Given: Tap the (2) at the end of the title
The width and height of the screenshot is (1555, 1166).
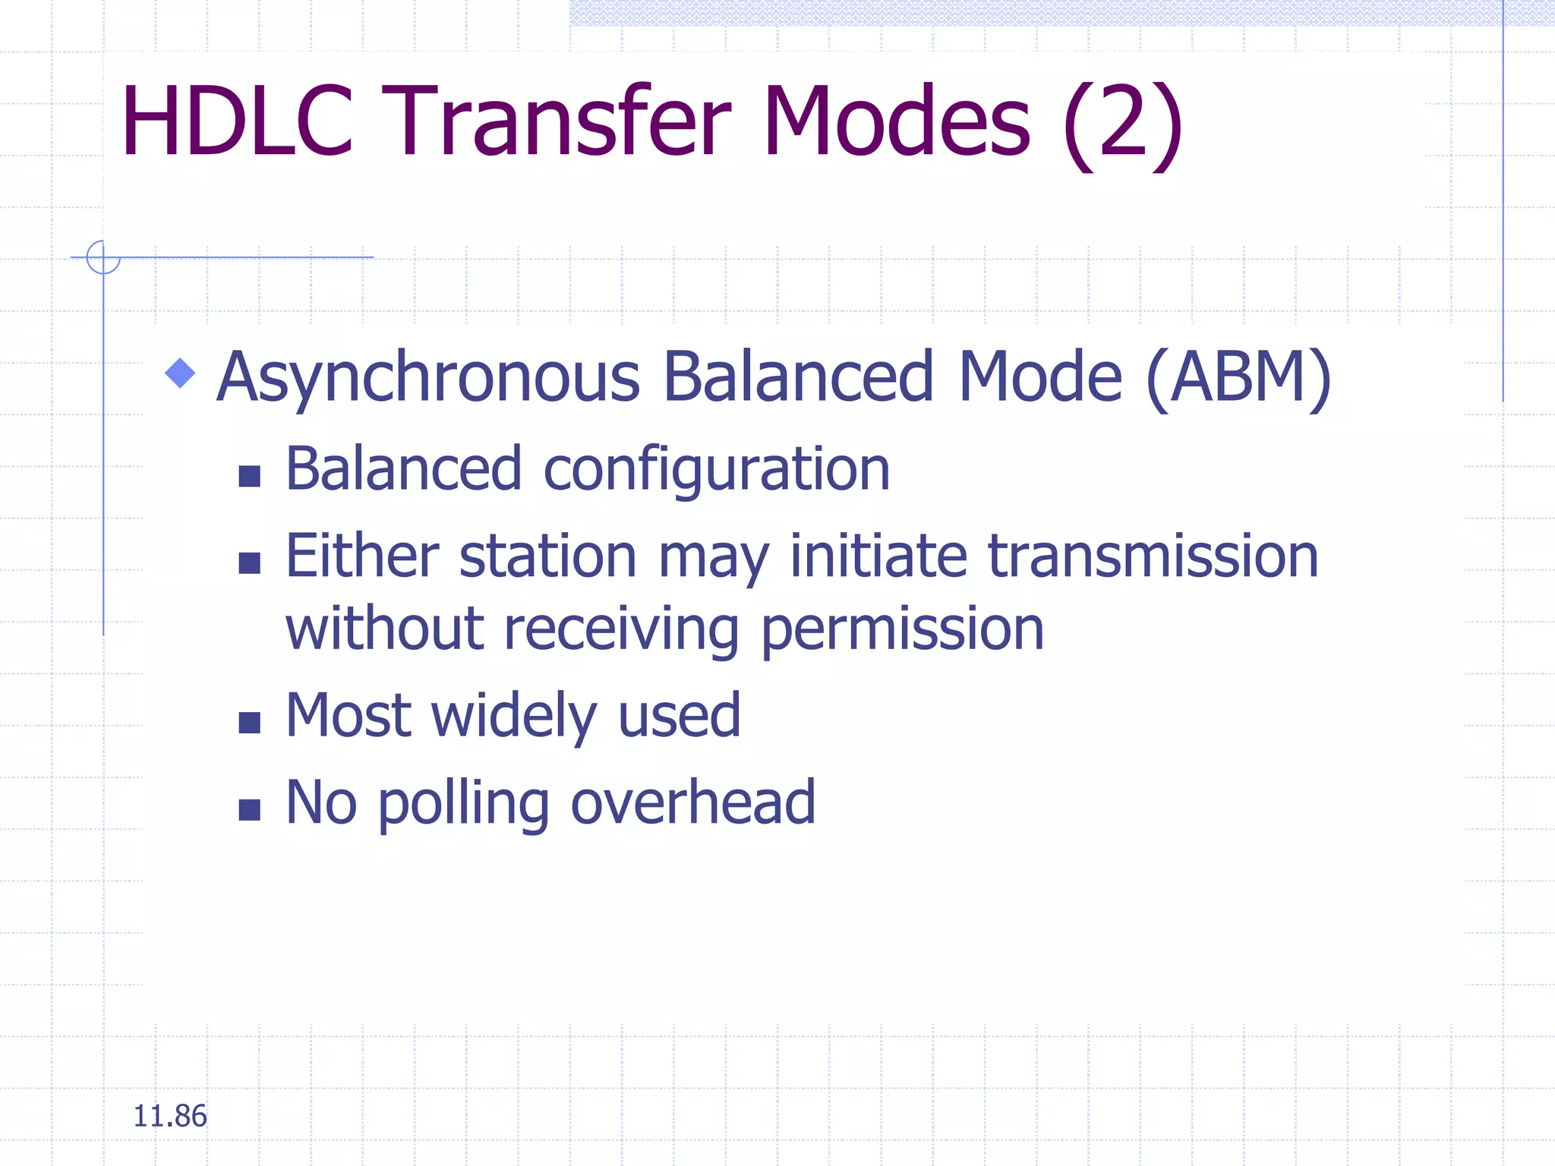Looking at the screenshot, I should pos(1122,125).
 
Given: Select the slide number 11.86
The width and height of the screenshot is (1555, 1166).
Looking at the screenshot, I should pos(169,1116).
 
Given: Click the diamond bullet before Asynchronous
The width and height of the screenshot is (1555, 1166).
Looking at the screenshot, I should pos(180,373).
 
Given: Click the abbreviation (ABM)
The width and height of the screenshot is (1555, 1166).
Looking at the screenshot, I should pos(1238,377).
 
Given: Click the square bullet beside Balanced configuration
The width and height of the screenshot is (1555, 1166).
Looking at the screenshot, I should pos(249,476).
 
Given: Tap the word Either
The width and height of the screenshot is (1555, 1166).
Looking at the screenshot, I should pos(362,556).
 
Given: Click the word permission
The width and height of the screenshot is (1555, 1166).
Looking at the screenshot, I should pos(902,630).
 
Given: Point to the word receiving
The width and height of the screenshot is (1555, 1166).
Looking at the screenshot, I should pos(620,630).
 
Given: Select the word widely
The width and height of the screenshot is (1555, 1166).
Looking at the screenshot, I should pos(514,717).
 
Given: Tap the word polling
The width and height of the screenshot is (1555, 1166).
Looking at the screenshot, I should pos(463,804).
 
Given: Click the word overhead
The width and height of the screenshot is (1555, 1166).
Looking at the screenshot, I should pos(692,802).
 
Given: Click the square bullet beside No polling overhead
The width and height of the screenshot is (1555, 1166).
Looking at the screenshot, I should pos(249,810).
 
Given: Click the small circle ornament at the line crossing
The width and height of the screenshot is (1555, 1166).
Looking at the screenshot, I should pos(103,257).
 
